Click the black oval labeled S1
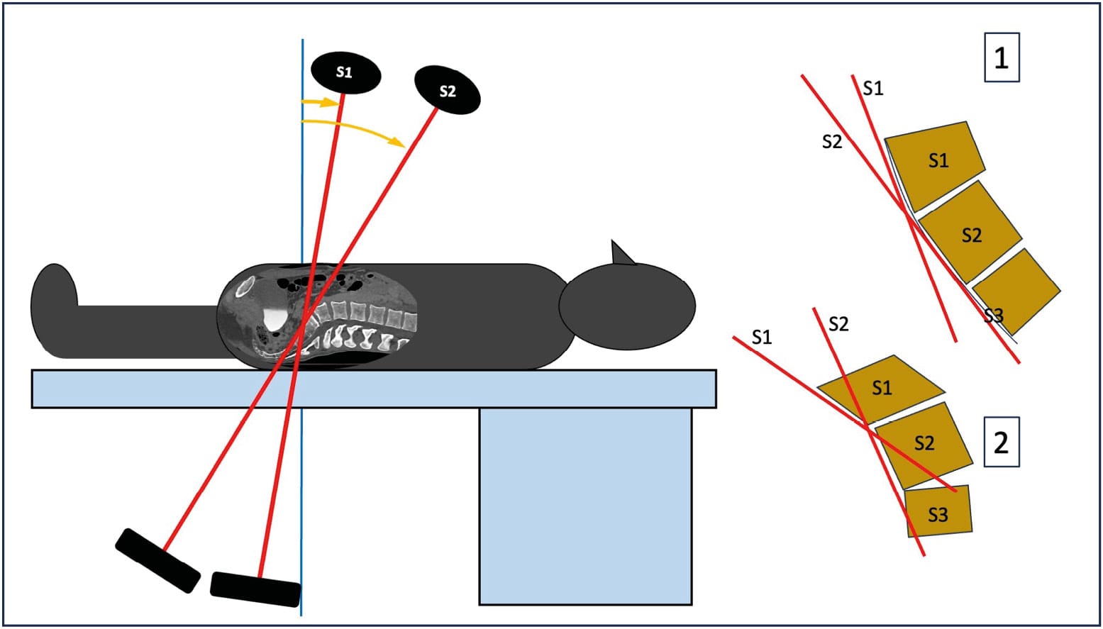(345, 73)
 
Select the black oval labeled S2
(447, 90)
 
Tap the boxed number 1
(1001, 57)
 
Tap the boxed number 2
(1001, 442)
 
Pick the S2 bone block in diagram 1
(970, 232)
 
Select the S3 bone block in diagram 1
(1018, 291)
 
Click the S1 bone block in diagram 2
(882, 386)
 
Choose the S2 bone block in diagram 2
(923, 443)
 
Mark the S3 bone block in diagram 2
(938, 512)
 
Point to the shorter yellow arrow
(318, 102)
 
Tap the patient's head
(627, 306)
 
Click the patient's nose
(621, 252)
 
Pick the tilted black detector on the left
(157, 560)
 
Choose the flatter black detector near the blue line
(255, 589)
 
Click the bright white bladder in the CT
(273, 318)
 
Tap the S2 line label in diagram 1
(831, 142)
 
